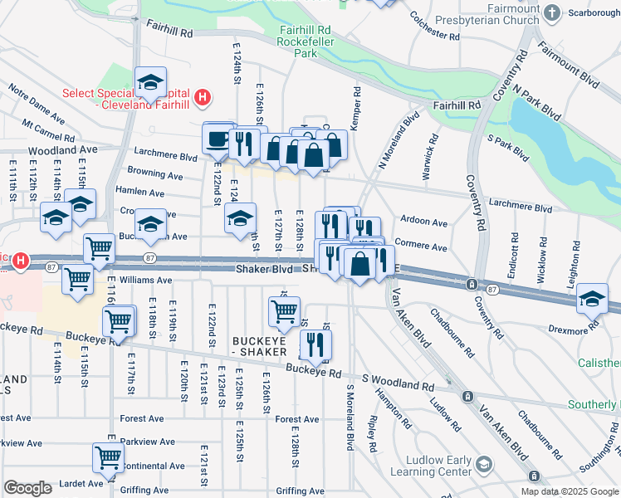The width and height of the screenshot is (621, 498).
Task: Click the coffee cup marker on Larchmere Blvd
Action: pyautogui.click(x=218, y=138)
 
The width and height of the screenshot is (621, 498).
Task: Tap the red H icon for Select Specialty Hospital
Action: pyautogui.click(x=201, y=100)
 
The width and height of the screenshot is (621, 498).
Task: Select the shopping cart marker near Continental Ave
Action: pyautogui.click(x=108, y=457)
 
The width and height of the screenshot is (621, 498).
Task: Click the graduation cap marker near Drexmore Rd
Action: pyautogui.click(x=592, y=300)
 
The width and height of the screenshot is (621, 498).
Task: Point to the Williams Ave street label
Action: pyautogui.click(x=146, y=281)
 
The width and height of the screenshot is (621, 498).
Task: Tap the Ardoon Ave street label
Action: pyautogui.click(x=423, y=223)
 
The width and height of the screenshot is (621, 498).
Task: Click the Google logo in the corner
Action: pyautogui.click(x=27, y=488)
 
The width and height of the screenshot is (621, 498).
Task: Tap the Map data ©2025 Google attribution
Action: pyautogui.click(x=569, y=491)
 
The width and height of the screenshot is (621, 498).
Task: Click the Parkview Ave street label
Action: pyautogui.click(x=147, y=442)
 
